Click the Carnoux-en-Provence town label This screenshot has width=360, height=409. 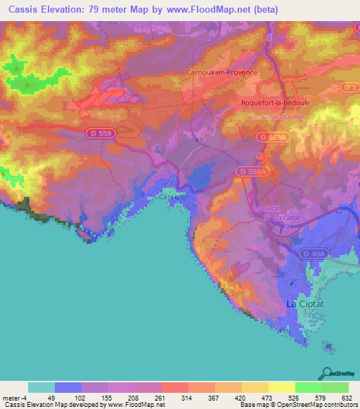pos(221,72)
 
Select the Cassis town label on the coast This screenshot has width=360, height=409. pos(169,197)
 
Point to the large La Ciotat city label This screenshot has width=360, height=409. pos(307,304)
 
